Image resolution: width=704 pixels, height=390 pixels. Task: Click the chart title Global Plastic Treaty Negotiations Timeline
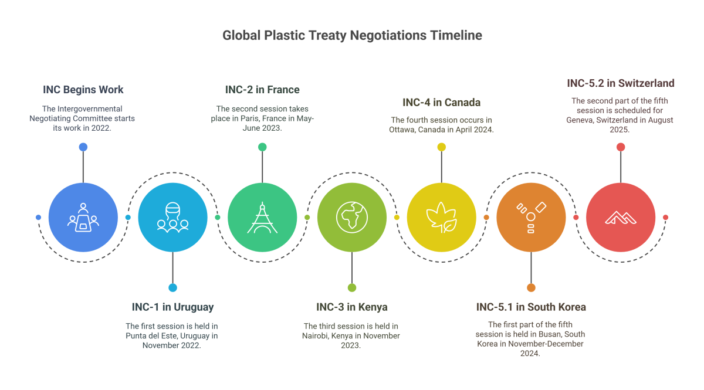point(352,35)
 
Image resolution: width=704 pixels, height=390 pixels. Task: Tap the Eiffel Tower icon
point(262,218)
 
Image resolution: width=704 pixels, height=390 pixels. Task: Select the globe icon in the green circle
point(351,218)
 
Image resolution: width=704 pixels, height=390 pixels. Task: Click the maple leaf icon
point(441,218)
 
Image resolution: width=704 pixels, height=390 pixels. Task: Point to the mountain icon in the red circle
point(621,218)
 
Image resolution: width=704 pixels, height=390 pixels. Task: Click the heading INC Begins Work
point(83,90)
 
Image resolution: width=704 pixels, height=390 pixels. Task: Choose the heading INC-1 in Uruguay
point(172,307)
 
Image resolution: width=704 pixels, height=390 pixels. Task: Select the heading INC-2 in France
point(262,90)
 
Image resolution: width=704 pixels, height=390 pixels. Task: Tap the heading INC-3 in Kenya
point(351,307)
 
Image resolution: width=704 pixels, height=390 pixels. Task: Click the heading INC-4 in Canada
point(441,103)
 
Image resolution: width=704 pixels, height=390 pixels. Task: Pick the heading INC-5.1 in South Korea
point(531,307)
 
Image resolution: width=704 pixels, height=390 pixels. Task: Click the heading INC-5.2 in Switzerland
point(621,83)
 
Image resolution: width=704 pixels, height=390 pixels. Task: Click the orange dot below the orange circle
point(531,287)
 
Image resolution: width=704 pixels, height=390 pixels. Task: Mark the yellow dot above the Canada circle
point(441,147)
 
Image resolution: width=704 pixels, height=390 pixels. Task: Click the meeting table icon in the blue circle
point(83,218)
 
